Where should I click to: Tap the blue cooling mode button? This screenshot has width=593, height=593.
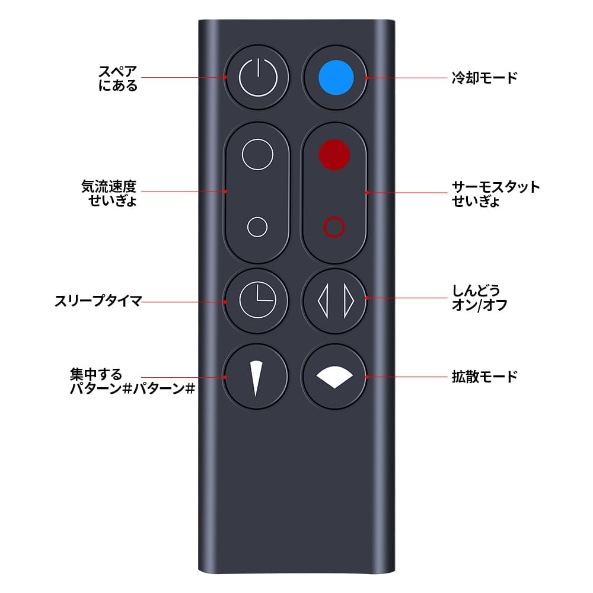pos(336,78)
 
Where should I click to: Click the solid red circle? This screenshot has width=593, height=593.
pos(334,154)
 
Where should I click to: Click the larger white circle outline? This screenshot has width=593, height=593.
pos(258,154)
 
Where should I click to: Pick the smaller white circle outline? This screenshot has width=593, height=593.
pos(257,227)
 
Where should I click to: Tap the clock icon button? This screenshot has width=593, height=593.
pos(258,300)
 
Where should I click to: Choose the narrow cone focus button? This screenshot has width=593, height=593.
pos(257,376)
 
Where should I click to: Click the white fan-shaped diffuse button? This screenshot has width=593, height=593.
pos(335,376)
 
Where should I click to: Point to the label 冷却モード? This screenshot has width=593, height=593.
pos(484,78)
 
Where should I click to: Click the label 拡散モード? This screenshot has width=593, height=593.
pos(484,376)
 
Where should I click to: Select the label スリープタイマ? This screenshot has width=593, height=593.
pos(97,301)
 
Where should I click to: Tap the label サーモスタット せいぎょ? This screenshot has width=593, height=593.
pos(495,193)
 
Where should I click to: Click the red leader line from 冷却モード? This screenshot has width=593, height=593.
pos(409,78)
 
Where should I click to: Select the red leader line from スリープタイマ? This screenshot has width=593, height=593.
pos(184,301)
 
